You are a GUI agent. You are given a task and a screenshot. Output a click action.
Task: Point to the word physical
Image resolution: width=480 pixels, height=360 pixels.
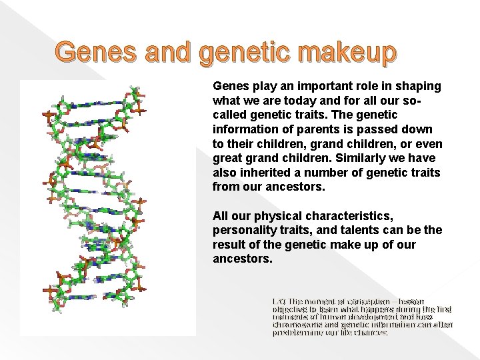point(280,217)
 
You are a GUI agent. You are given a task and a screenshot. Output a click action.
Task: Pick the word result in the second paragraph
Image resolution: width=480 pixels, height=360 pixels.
point(229,245)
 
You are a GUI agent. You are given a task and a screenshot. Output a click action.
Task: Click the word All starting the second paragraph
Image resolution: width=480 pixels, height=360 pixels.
point(221,217)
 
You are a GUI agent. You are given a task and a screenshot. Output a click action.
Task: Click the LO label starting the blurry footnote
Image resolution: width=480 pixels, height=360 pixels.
point(277,303)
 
